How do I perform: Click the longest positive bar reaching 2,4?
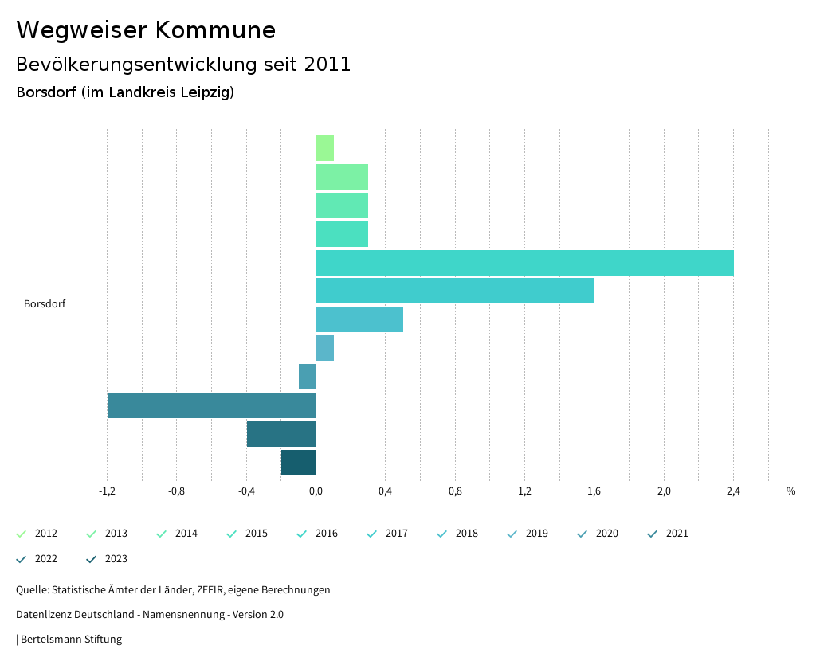tap(524, 263)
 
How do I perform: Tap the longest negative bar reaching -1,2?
tap(212, 405)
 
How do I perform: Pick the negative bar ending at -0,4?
tap(281, 434)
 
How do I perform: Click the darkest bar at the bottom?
tap(299, 463)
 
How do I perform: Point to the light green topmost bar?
tap(325, 148)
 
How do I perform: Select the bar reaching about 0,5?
tap(359, 319)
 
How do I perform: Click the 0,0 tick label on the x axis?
tap(316, 491)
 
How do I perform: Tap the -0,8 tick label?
tap(177, 491)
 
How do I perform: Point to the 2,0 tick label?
tap(664, 491)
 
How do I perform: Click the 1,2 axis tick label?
tap(524, 491)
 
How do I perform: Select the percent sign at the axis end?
tap(790, 491)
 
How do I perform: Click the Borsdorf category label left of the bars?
tap(45, 304)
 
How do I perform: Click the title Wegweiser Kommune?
tap(146, 30)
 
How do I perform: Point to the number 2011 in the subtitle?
tap(328, 65)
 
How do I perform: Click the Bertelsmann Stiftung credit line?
tap(71, 640)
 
